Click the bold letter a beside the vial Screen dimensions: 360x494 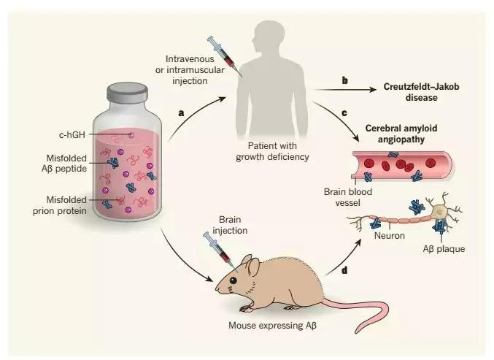point(182,113)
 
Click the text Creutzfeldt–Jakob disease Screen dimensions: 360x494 point(420,91)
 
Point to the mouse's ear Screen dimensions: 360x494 point(255,267)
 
